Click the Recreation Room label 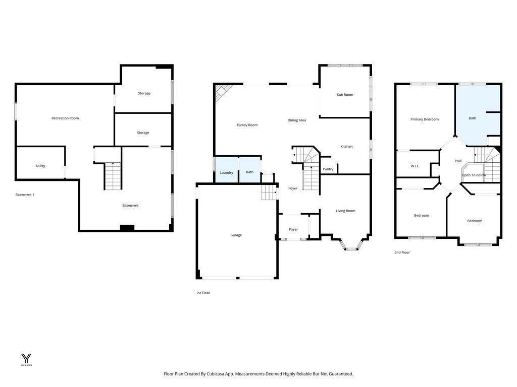tap(65, 118)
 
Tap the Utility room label tap(40, 166)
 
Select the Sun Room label tap(345, 95)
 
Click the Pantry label tap(328, 169)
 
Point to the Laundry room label tap(226, 172)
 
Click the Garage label tap(236, 235)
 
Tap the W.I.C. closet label tap(415, 166)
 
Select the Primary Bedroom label tap(424, 119)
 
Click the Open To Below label tap(474, 175)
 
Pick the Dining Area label tap(296, 120)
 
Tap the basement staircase tap(113, 176)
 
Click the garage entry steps tap(269, 192)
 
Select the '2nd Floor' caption tap(402, 252)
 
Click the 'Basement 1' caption tap(25, 195)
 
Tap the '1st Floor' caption tap(203, 293)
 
